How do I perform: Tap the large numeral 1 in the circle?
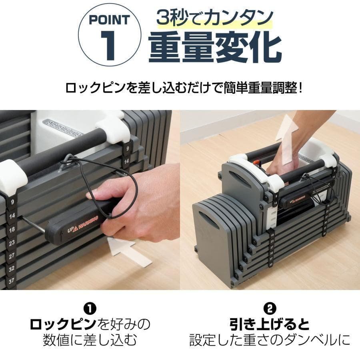(x=108, y=46)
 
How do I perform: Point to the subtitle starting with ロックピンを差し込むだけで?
(x=184, y=87)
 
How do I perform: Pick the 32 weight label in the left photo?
(x=12, y=268)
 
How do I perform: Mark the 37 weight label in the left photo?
(x=11, y=280)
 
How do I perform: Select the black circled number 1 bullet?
(x=90, y=309)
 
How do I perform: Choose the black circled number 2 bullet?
(x=270, y=309)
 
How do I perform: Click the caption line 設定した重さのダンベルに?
(x=270, y=340)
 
